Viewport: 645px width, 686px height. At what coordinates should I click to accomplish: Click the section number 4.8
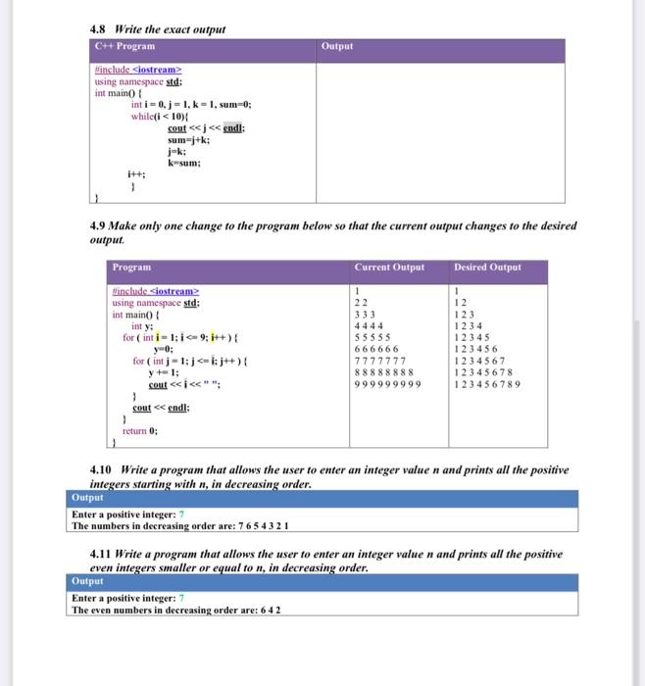point(99,29)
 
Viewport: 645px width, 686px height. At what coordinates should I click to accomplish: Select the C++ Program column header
point(124,46)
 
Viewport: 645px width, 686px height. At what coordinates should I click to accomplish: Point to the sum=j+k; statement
point(189,140)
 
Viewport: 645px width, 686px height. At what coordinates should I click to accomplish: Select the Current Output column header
point(389,267)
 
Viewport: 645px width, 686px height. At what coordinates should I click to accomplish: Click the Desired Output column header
point(488,267)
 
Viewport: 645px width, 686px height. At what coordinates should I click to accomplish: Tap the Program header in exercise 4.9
point(131,267)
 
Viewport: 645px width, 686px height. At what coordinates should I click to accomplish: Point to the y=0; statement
point(162,348)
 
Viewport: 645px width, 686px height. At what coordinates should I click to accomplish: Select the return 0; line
point(139,430)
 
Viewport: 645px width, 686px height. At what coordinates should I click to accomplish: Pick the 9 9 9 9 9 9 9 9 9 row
point(387,384)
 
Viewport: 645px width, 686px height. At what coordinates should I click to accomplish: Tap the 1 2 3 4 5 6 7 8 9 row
point(486,384)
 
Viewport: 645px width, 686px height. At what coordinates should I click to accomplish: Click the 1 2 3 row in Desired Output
point(464,314)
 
